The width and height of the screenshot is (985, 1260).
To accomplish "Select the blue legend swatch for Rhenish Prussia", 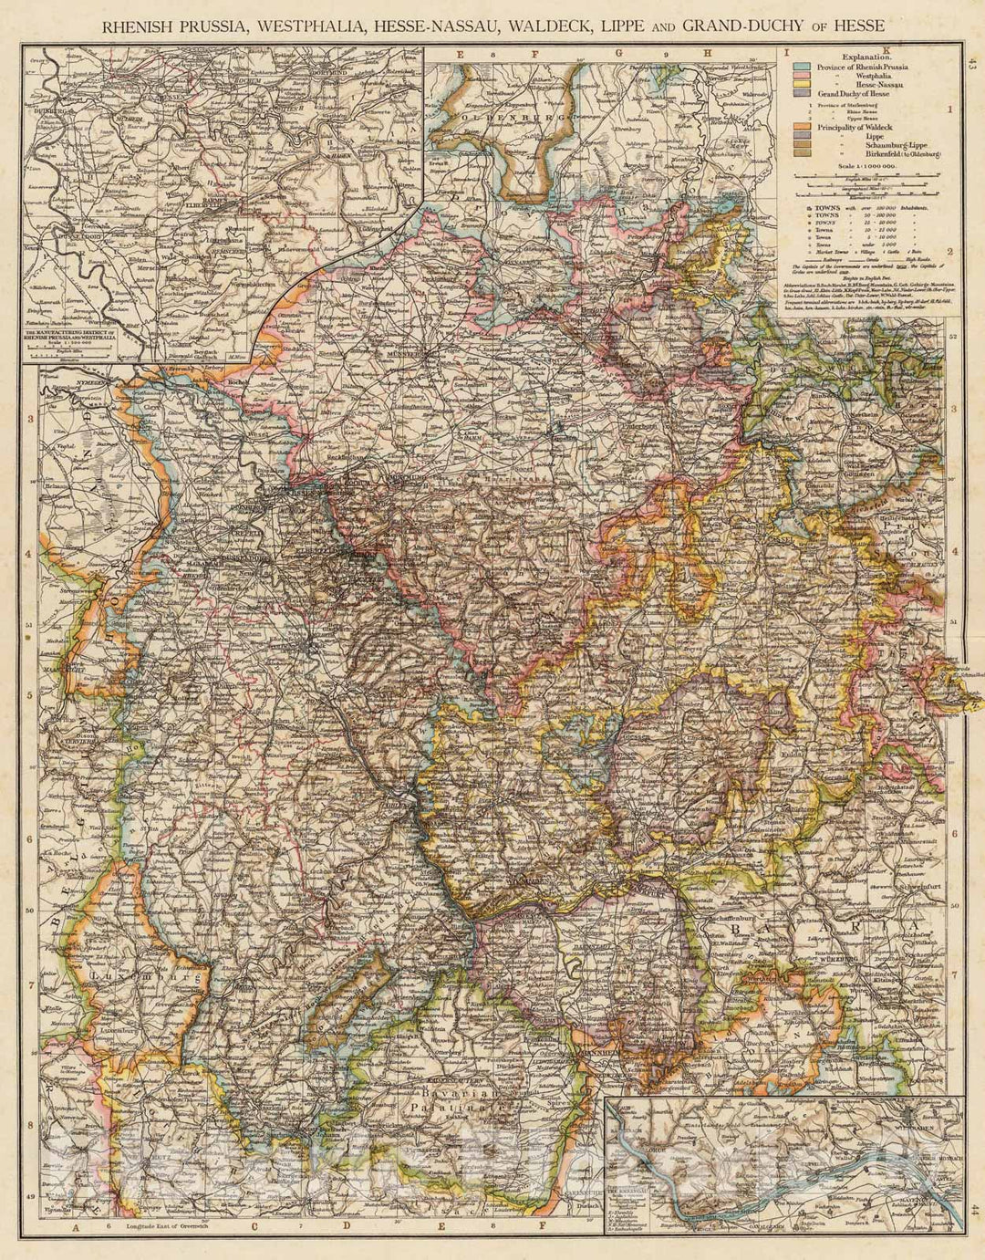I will [x=803, y=68].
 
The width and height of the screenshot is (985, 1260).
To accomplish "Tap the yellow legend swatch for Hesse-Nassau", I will [x=803, y=85].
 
